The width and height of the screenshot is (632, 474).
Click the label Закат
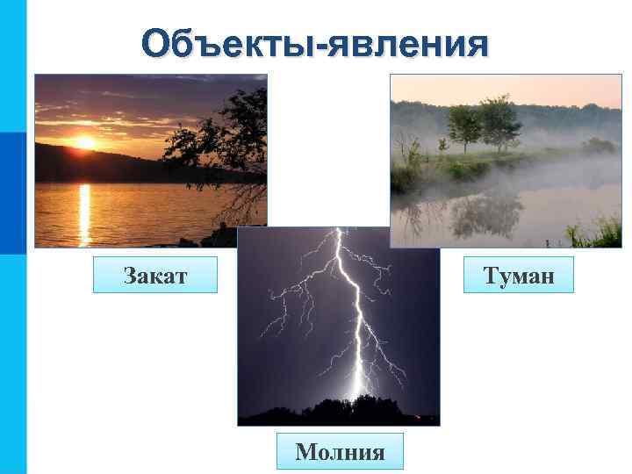(x=155, y=275)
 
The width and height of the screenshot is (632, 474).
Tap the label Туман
(x=519, y=275)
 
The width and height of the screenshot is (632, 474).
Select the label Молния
(x=340, y=451)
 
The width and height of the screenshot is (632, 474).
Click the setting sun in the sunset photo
(x=84, y=142)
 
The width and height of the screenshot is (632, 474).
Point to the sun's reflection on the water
(x=85, y=211)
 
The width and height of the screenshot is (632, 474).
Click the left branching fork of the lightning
(x=290, y=298)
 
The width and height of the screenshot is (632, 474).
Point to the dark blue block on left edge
(x=12, y=193)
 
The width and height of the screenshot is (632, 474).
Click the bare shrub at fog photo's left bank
(x=409, y=149)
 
